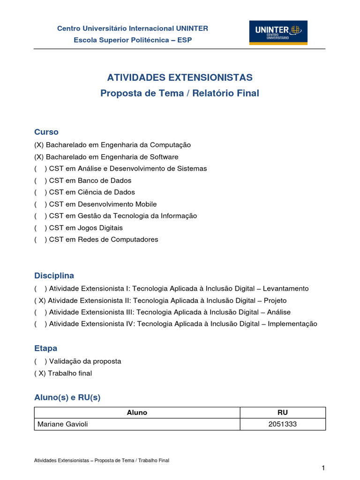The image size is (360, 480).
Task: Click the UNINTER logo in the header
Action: pyautogui.click(x=278, y=32)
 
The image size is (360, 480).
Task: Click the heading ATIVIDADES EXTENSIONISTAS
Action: pyautogui.click(x=180, y=77)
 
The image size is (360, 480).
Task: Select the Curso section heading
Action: pyautogui.click(x=46, y=132)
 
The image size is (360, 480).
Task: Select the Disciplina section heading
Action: pyautogui.click(x=54, y=275)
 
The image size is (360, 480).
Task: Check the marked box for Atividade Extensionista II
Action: pyautogui.click(x=41, y=300)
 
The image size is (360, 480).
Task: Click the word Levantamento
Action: pyautogui.click(x=288, y=289)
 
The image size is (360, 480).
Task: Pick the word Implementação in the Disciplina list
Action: pyautogui.click(x=292, y=324)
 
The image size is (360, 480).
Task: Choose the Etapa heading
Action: pyautogui.click(x=46, y=348)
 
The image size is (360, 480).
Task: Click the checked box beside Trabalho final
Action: pyautogui.click(x=41, y=373)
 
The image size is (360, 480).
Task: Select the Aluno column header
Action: pyautogui.click(x=137, y=412)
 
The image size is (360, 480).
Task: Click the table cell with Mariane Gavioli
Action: pyautogui.click(x=62, y=424)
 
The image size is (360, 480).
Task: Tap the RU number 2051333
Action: pyautogui.click(x=283, y=424)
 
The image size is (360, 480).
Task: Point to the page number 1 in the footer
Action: pyautogui.click(x=323, y=468)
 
